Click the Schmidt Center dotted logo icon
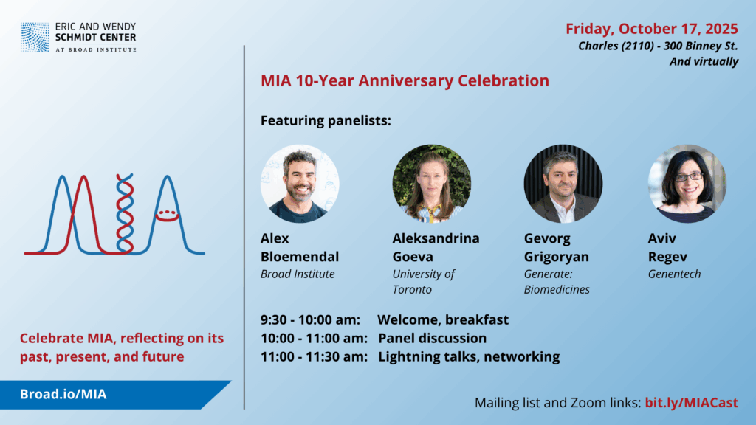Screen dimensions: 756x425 (35, 37)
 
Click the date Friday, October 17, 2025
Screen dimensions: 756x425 (651, 29)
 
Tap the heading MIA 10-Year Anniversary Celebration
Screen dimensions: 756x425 (405, 80)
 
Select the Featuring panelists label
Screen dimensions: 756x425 (326, 120)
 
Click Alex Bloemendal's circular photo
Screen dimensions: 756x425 (300, 184)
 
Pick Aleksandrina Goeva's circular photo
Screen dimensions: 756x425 (431, 184)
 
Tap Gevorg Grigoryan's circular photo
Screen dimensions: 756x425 (563, 184)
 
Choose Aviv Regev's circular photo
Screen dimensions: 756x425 (687, 184)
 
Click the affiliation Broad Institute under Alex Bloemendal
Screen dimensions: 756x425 (298, 274)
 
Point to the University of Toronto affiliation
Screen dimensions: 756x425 (423, 281)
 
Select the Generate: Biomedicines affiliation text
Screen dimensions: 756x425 (557, 281)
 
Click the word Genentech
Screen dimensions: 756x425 (674, 274)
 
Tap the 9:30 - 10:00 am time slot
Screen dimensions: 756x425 (310, 319)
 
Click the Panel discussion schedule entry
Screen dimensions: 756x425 (432, 338)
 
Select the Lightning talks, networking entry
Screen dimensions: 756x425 (469, 356)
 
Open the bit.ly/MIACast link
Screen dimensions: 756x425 (691, 402)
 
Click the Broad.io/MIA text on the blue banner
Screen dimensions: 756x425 (63, 394)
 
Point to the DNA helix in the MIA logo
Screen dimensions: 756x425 (125, 213)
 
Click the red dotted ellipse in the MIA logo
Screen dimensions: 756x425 (168, 215)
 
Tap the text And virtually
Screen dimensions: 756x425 (704, 62)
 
